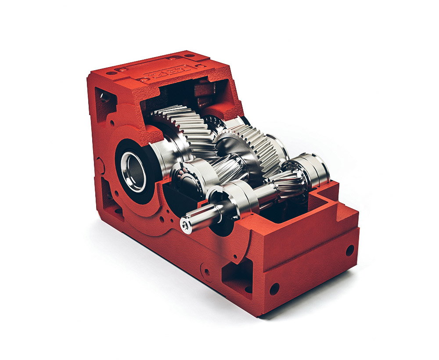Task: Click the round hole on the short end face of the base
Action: coord(350,251)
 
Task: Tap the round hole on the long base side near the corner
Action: coord(274,288)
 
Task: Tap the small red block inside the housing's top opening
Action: coord(203,94)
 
